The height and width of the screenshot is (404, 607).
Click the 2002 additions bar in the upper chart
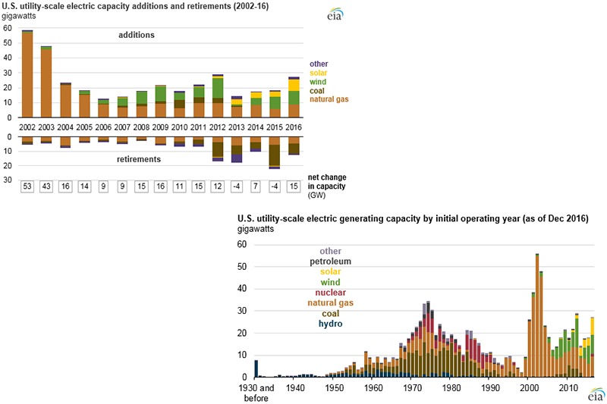pyautogui.click(x=27, y=75)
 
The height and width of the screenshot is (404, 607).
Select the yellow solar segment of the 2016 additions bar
pyautogui.click(x=293, y=85)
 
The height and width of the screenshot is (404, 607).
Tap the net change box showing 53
pyautogui.click(x=27, y=186)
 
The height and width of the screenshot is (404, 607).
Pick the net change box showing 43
pyautogui.click(x=46, y=186)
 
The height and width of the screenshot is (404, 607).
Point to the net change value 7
pyautogui.click(x=255, y=186)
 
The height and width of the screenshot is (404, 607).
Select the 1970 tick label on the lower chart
pyautogui.click(x=413, y=387)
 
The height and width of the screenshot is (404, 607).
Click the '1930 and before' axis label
pyautogui.click(x=255, y=393)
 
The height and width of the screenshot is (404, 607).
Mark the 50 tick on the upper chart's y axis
pyautogui.click(x=8, y=43)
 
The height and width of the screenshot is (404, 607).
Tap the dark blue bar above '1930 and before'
pyautogui.click(x=256, y=368)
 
